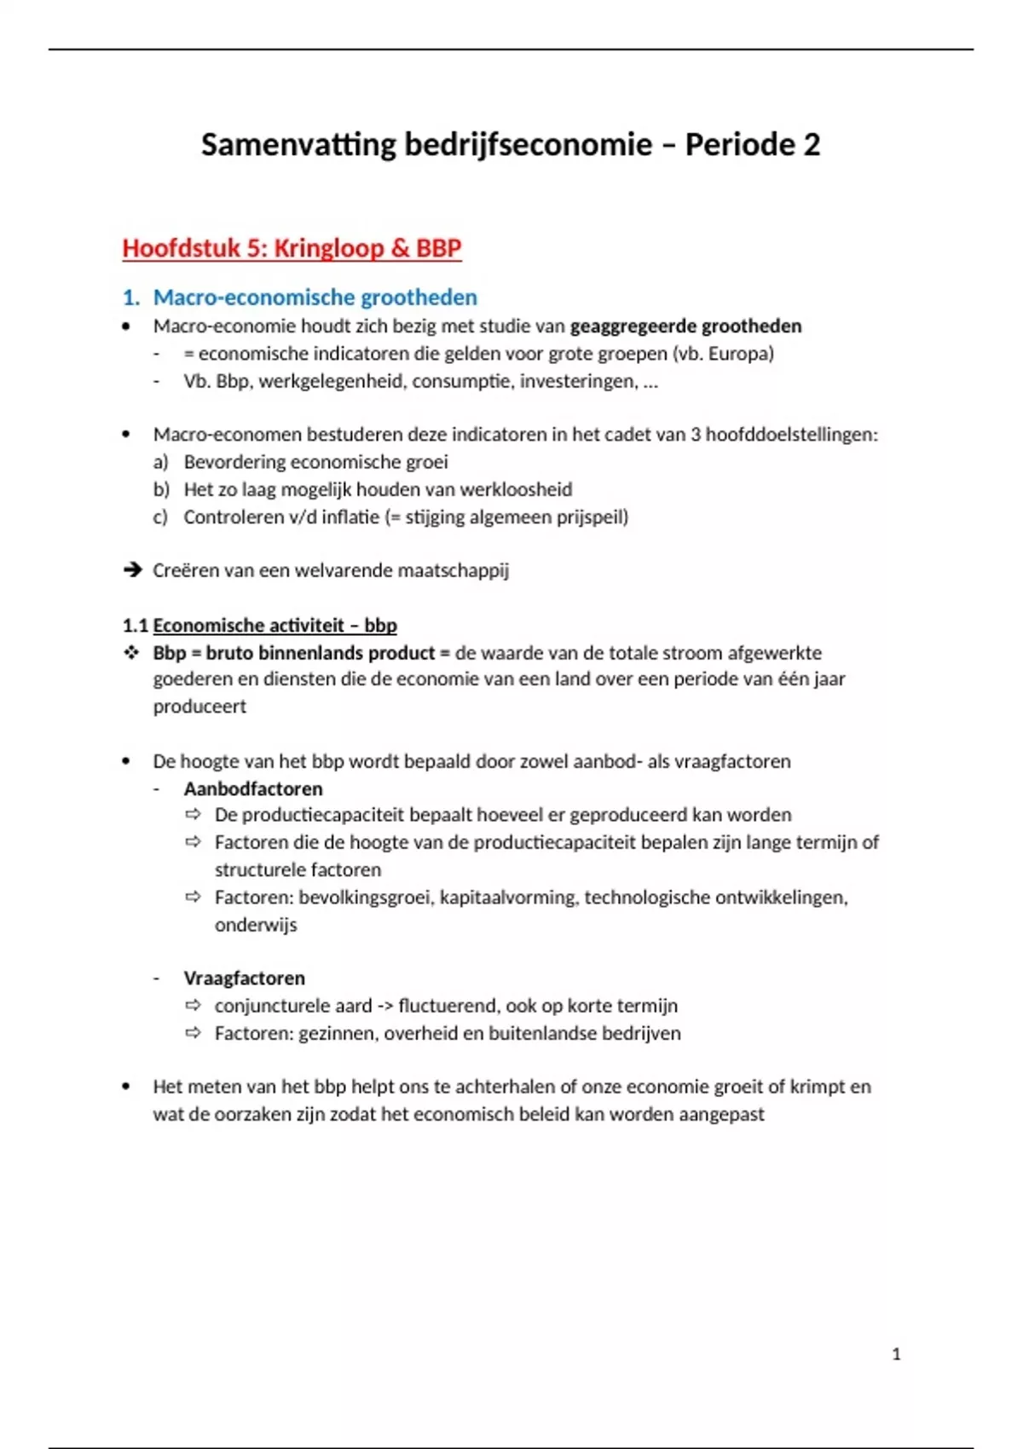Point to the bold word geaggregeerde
[627, 326]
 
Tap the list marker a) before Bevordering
[160, 462]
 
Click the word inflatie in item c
[350, 517]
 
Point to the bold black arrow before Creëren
[132, 569]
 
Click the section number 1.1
[135, 626]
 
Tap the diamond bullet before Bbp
[131, 653]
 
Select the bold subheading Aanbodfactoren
[253, 788]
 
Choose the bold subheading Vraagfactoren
[244, 978]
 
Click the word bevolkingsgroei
[365, 898]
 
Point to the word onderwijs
[256, 925]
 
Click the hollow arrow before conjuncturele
[194, 1006]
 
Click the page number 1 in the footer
[896, 1354]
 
